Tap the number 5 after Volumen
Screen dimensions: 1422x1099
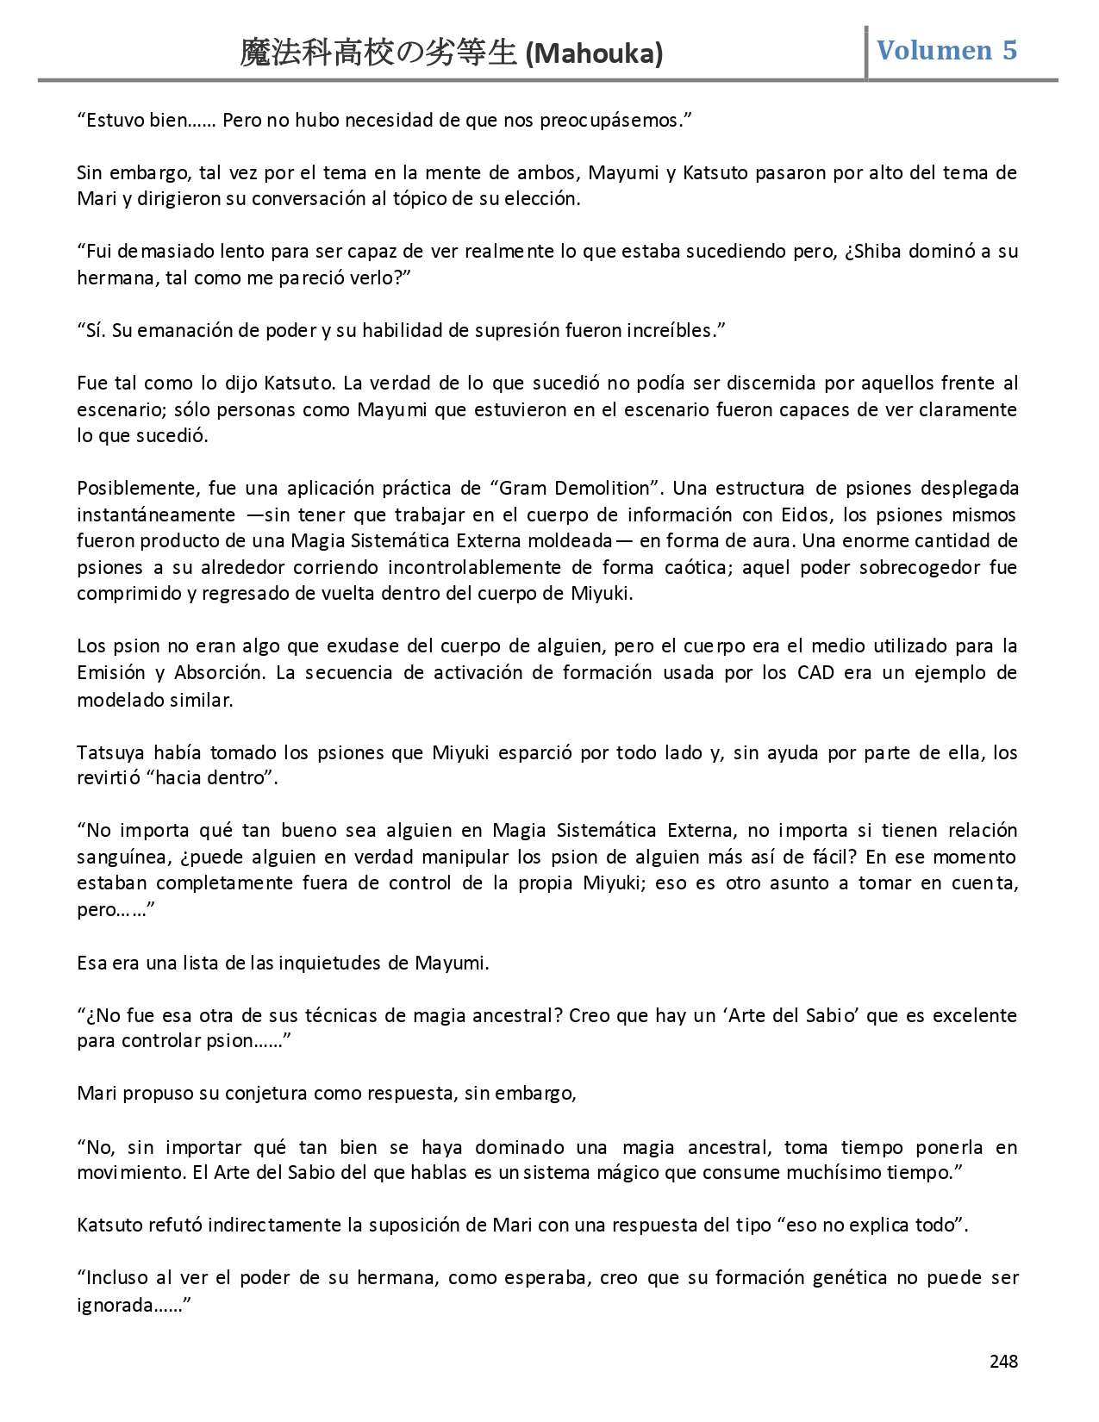pyautogui.click(x=1008, y=50)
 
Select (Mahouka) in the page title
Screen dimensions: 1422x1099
pyautogui.click(x=594, y=55)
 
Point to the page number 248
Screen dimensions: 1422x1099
pyautogui.click(x=1003, y=1361)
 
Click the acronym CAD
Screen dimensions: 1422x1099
pyautogui.click(x=815, y=672)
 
